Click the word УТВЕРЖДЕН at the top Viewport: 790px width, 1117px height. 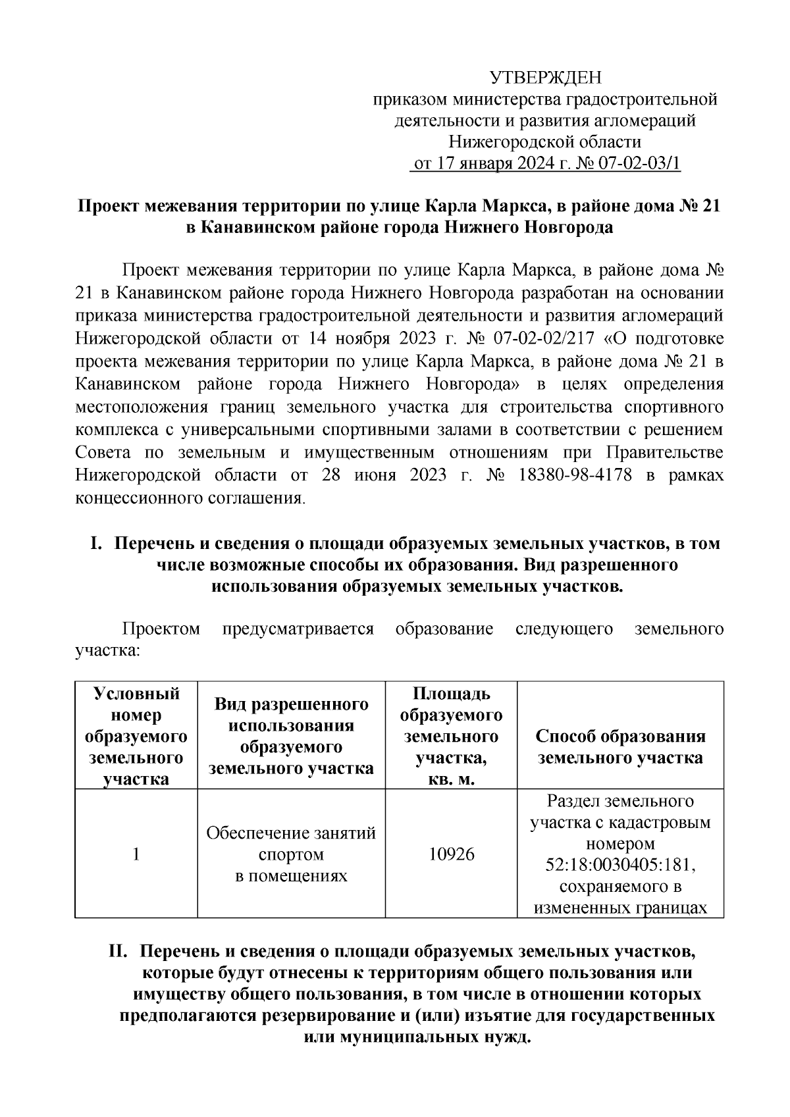click(545, 79)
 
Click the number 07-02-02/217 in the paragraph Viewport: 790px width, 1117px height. click(542, 338)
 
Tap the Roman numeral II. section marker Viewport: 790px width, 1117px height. click(120, 952)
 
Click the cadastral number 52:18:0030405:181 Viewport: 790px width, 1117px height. click(620, 864)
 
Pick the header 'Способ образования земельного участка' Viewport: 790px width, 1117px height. click(620, 746)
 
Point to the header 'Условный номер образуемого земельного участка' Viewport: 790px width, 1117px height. click(136, 736)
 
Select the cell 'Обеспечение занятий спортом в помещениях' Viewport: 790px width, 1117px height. click(291, 854)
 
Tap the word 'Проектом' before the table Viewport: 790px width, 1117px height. click(161, 629)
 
